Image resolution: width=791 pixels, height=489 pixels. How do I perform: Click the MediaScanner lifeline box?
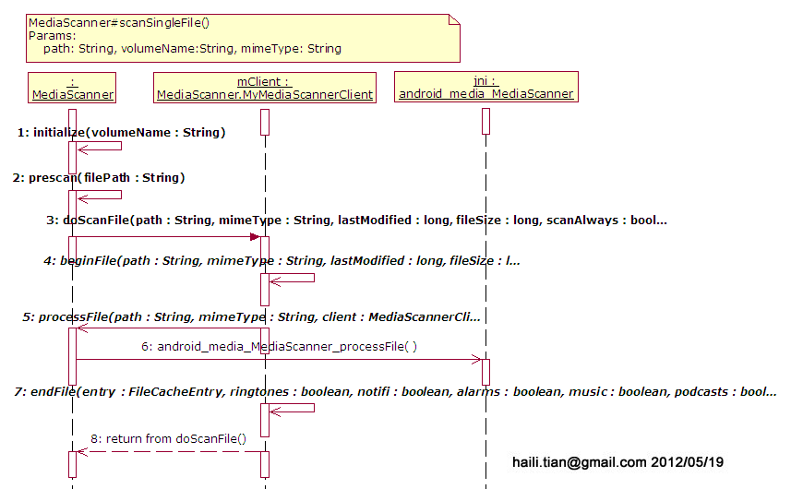click(72, 87)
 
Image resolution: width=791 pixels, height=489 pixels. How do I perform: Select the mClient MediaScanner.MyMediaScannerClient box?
click(264, 87)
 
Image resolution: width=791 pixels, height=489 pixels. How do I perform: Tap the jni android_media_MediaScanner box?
click(485, 87)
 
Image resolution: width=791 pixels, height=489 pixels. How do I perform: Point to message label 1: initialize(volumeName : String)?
click(122, 133)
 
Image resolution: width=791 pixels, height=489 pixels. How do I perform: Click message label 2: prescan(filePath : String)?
click(100, 177)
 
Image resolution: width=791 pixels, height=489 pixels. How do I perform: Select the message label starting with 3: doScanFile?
click(356, 221)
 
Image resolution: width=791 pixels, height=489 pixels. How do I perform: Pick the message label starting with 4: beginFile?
click(282, 261)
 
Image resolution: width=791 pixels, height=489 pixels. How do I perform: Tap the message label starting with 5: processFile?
click(252, 317)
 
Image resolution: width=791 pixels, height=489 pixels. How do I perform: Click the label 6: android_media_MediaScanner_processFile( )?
click(279, 347)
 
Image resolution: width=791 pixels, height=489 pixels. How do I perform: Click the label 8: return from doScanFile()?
click(168, 438)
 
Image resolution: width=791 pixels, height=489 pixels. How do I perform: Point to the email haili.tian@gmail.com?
click(580, 460)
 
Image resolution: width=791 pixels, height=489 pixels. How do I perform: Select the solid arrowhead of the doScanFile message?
click(254, 237)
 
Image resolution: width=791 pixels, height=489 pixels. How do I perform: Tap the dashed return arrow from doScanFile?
click(166, 451)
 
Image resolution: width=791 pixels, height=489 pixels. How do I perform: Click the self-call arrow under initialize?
click(102, 146)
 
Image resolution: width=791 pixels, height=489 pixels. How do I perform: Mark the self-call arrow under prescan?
click(102, 195)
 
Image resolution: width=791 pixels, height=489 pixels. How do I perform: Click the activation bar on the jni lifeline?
click(485, 371)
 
